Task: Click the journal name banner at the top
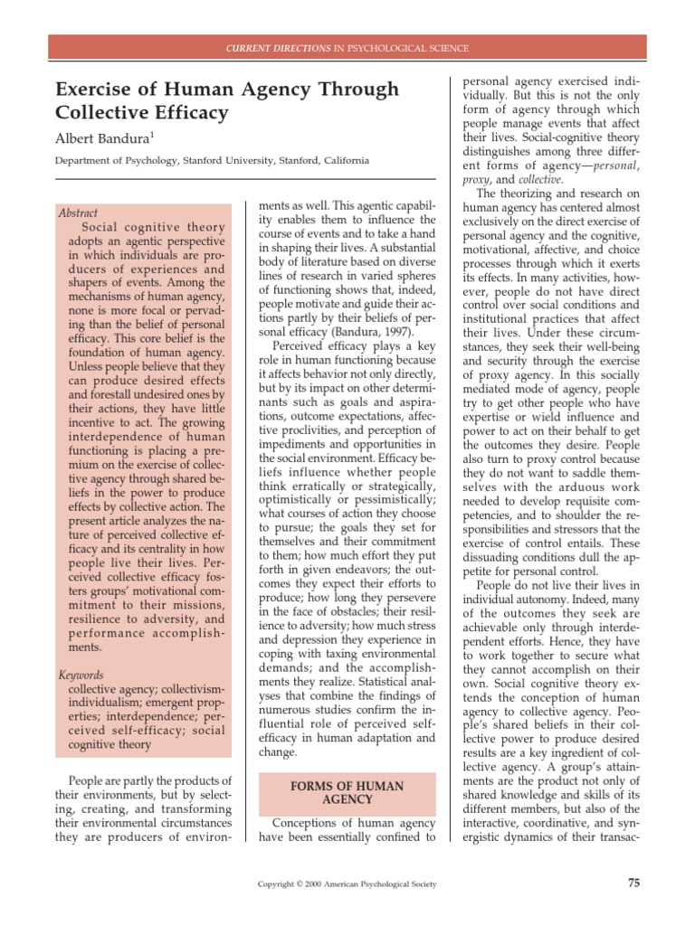point(347,47)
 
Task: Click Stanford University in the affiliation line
point(214,161)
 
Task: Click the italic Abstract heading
point(78,213)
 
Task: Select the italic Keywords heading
point(81,675)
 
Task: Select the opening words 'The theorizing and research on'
point(557,194)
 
